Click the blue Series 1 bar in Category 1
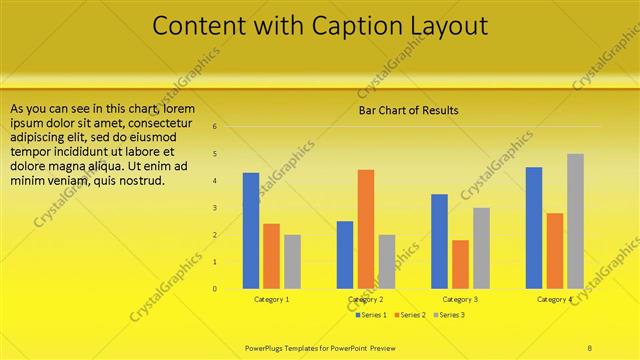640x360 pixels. tap(251, 231)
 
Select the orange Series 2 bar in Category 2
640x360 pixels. tap(366, 229)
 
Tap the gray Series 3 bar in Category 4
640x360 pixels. tap(575, 221)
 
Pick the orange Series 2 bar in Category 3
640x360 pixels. tap(460, 264)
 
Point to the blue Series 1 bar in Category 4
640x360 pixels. tap(533, 228)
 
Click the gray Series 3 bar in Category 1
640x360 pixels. tap(292, 262)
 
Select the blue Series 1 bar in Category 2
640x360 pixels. tap(345, 255)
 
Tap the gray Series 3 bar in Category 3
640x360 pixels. tap(481, 248)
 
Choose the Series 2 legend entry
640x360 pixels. tap(410, 315)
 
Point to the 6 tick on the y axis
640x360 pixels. tap(214, 127)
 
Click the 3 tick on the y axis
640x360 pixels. tap(214, 208)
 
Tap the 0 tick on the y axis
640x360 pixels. tap(214, 289)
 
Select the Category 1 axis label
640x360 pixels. tap(272, 300)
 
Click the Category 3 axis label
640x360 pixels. tap(460, 300)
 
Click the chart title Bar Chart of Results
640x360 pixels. tap(409, 110)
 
